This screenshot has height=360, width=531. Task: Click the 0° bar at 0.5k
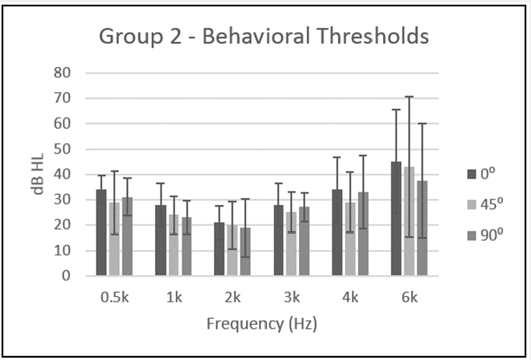tap(101, 232)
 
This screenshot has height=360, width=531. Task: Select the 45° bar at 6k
tap(409, 221)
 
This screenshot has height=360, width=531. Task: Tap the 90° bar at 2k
tap(245, 252)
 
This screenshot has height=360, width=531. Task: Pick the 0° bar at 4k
tap(337, 232)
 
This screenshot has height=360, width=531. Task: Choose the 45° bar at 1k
tap(174, 245)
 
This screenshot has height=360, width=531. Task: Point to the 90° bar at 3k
tap(304, 242)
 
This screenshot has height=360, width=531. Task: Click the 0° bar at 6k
tap(396, 219)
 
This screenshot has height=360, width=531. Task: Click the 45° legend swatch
tap(472, 204)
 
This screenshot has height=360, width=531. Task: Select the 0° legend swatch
tap(472, 175)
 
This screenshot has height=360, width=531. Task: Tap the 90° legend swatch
tap(472, 235)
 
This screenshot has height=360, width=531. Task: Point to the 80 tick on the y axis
tap(62, 72)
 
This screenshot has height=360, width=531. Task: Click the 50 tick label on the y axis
tap(62, 149)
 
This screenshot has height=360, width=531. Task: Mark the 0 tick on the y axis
tap(66, 276)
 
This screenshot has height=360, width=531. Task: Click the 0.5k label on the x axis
tap(114, 298)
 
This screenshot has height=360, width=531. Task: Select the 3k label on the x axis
tap(291, 298)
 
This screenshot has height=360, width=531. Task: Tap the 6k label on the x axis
tap(410, 298)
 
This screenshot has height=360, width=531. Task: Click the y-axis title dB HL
tap(38, 175)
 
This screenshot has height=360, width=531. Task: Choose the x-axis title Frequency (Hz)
tap(262, 323)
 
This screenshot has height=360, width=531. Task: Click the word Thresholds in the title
tap(373, 36)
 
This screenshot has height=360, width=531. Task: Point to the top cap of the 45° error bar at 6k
tap(409, 97)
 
